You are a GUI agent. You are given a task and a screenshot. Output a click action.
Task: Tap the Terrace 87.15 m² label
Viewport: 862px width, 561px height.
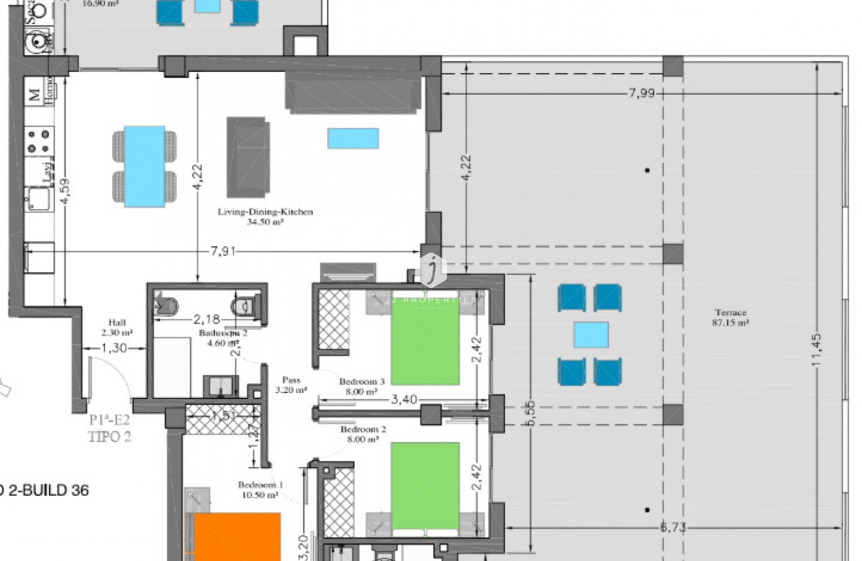(x=730, y=317)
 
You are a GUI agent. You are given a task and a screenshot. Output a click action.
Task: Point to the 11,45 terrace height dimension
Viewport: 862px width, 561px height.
(x=817, y=350)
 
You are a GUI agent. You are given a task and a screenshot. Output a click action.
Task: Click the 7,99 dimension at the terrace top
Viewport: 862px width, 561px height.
(x=641, y=93)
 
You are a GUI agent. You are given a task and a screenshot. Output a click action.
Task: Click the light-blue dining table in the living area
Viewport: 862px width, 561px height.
(x=144, y=166)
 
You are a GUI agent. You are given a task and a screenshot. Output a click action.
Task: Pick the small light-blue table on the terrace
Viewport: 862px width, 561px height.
(x=590, y=334)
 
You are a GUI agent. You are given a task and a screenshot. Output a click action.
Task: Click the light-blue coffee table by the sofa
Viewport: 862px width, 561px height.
(x=353, y=138)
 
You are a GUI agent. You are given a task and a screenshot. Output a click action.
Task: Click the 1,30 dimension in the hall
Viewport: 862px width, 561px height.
(x=114, y=349)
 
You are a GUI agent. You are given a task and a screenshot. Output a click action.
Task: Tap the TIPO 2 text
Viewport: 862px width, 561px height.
(x=109, y=437)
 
